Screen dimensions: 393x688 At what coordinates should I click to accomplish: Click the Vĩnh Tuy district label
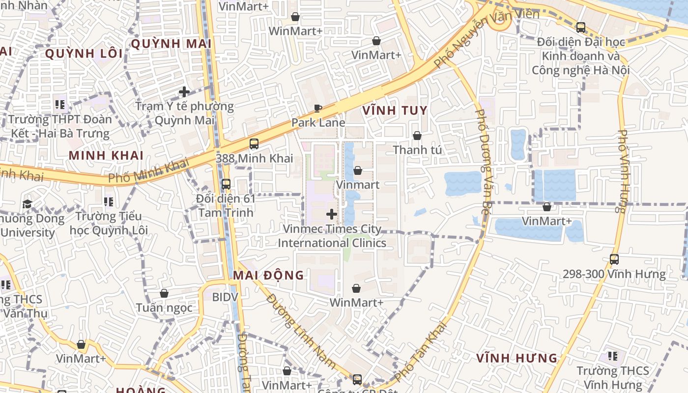click(395, 111)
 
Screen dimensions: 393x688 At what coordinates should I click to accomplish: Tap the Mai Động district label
click(268, 275)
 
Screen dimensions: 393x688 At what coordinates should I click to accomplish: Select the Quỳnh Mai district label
click(171, 44)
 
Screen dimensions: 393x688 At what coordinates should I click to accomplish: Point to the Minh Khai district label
click(106, 156)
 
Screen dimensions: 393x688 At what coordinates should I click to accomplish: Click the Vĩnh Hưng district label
click(516, 358)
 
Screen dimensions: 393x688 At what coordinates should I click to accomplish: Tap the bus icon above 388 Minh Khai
click(254, 144)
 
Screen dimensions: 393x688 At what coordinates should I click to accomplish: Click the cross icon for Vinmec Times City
click(332, 214)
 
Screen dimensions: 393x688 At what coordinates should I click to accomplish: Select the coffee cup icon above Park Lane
click(318, 108)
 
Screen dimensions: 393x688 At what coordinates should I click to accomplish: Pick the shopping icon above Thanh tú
click(417, 136)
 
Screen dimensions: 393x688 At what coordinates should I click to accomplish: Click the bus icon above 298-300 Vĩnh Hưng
click(614, 259)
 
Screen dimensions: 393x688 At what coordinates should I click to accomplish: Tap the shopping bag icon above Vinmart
click(358, 170)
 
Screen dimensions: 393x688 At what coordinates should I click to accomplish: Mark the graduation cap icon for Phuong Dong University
click(28, 204)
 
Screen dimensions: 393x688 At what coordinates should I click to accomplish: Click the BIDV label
click(225, 297)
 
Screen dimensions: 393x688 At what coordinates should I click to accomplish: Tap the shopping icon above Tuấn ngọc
click(164, 293)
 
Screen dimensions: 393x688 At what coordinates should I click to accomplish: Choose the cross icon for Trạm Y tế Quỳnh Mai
click(184, 92)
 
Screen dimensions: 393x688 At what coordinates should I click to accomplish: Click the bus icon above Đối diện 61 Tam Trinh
click(226, 184)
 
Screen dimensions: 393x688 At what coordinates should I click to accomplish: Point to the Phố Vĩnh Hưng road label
click(622, 171)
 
